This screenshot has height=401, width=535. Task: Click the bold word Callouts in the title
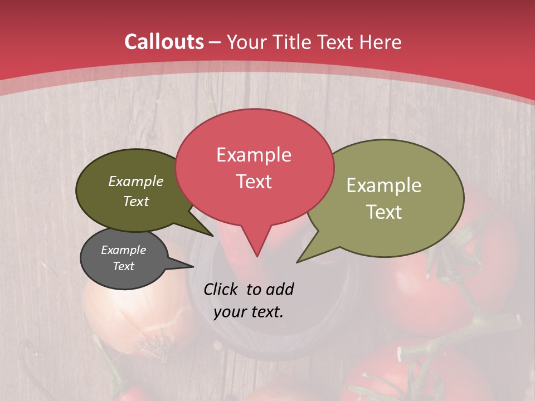164,42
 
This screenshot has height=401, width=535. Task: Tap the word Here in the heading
381,42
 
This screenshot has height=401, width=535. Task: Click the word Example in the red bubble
254,155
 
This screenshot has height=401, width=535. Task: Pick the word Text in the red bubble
254,182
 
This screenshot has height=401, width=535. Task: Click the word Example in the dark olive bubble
136,182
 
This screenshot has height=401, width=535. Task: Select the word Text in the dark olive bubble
136,201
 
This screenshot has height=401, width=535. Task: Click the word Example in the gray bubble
123,250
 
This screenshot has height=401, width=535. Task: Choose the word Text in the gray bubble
123,266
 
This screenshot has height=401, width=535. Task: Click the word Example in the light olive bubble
384,185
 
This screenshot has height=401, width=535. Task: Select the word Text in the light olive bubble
384,212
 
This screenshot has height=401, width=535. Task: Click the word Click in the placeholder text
222,289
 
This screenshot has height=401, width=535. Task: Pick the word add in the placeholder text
280,289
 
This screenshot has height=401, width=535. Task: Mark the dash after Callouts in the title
215,42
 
